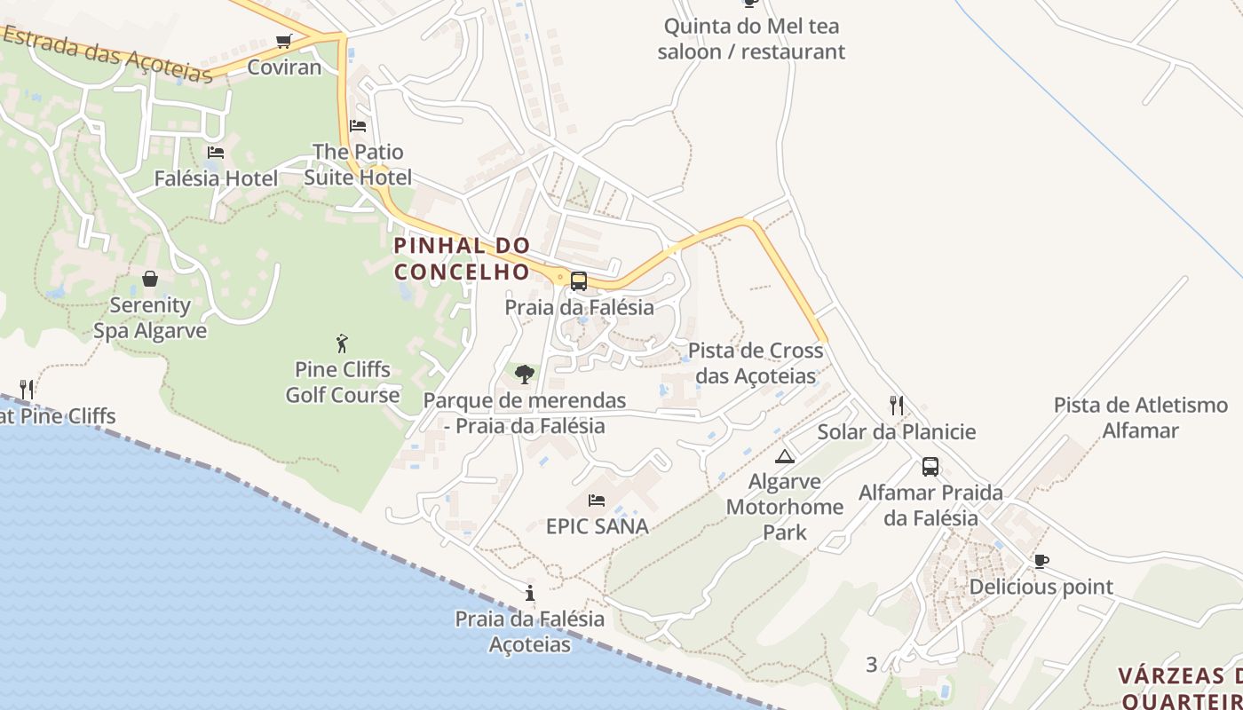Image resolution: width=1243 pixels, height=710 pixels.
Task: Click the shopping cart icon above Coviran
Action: tap(284, 41)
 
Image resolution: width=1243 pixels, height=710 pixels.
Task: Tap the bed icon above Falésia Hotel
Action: tap(216, 153)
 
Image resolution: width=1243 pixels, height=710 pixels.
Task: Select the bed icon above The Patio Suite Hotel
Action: tap(358, 126)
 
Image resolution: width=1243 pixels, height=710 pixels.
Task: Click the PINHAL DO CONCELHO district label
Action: tap(462, 258)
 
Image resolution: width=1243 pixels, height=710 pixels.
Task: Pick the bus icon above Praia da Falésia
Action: tap(579, 281)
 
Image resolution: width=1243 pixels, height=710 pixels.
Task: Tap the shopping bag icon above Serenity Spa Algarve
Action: tap(150, 279)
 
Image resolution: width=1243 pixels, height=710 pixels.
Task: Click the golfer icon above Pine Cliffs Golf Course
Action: tap(342, 343)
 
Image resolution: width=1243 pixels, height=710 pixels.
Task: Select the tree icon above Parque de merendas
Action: tap(525, 375)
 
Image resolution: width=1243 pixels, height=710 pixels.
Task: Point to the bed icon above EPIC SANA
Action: tap(597, 501)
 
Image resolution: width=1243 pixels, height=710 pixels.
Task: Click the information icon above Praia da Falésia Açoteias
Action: tap(530, 593)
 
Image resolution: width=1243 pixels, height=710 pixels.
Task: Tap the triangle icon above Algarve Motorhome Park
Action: tap(784, 457)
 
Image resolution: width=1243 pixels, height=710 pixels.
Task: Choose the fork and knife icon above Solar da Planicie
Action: tap(897, 406)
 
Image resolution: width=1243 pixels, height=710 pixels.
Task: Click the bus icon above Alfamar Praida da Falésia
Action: tap(930, 466)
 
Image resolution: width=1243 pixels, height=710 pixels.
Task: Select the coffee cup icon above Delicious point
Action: tap(1041, 561)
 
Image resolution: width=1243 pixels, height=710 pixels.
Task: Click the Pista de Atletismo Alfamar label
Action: tap(1140, 418)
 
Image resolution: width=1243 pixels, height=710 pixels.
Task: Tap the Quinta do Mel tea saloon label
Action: tap(751, 39)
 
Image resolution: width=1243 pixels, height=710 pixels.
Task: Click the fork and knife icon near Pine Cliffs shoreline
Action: tap(27, 389)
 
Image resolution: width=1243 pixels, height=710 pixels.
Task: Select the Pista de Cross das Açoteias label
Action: tap(756, 363)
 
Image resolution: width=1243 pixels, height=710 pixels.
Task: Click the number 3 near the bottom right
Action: tap(871, 664)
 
